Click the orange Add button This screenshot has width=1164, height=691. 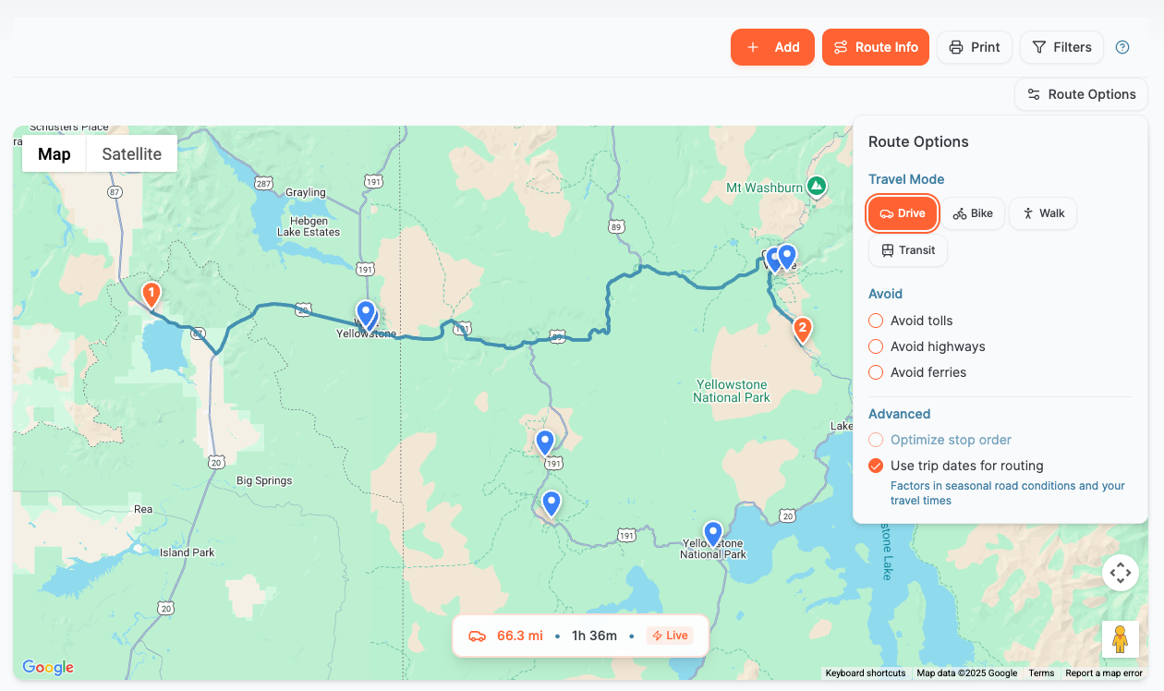[772, 47]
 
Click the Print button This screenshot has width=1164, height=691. [975, 47]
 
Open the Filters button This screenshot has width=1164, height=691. [1061, 47]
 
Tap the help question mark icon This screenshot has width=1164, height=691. [1122, 47]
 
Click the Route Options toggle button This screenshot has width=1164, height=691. [1081, 94]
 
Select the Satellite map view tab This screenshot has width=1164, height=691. [131, 154]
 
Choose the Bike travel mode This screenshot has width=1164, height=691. [973, 213]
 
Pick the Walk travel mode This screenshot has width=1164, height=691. [1042, 213]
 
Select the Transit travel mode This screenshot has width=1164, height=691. [907, 250]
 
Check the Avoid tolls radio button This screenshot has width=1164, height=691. [876, 321]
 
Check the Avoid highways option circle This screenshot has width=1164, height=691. [876, 346]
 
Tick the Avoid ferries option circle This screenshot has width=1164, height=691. [876, 372]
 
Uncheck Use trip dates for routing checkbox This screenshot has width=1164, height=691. [876, 466]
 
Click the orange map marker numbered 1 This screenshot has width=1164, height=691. [151, 294]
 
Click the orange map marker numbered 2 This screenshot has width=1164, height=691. [802, 328]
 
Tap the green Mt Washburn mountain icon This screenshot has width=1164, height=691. [816, 187]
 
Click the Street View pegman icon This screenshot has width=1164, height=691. [1120, 639]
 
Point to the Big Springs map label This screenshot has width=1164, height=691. [264, 480]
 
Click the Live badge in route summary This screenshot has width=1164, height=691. [669, 636]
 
